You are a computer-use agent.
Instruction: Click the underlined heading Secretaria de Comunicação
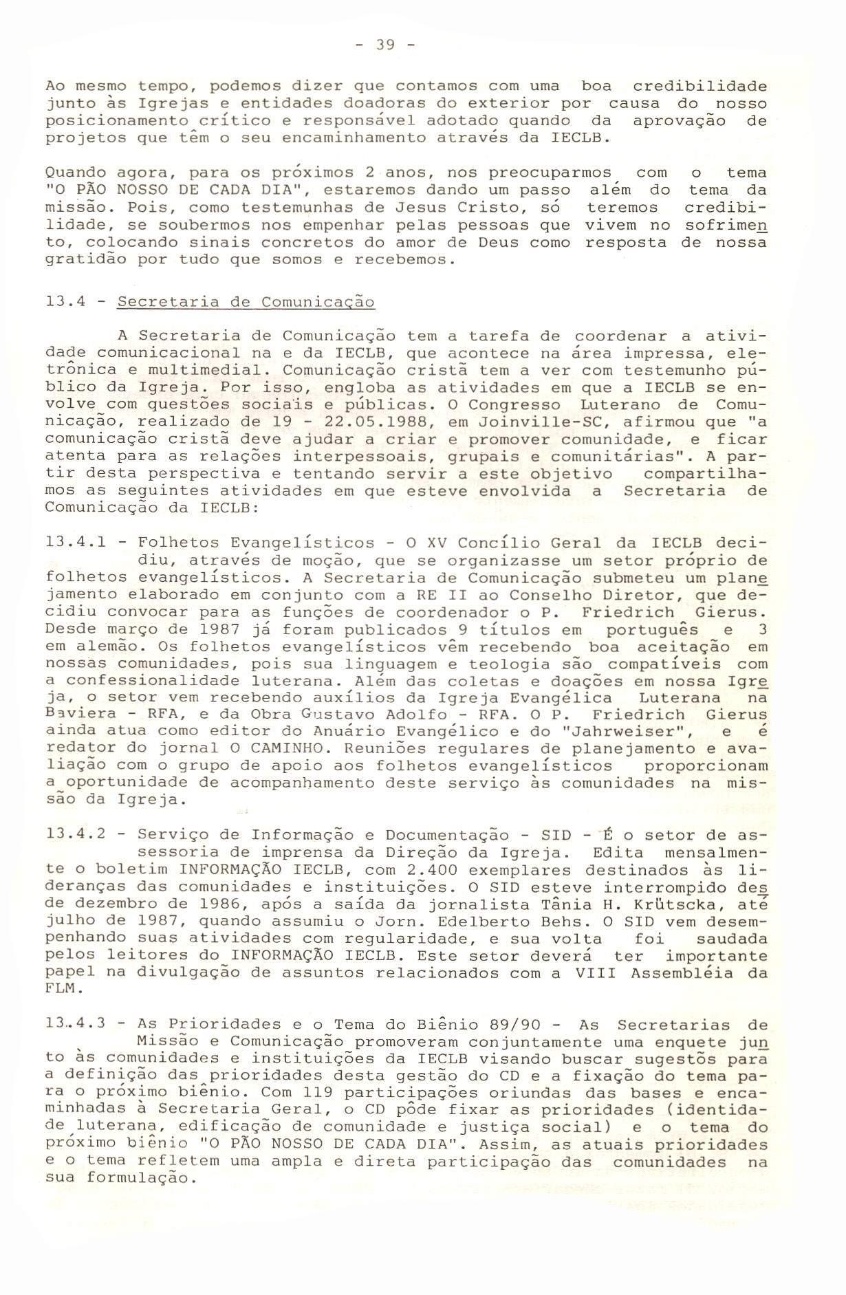[246, 302]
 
